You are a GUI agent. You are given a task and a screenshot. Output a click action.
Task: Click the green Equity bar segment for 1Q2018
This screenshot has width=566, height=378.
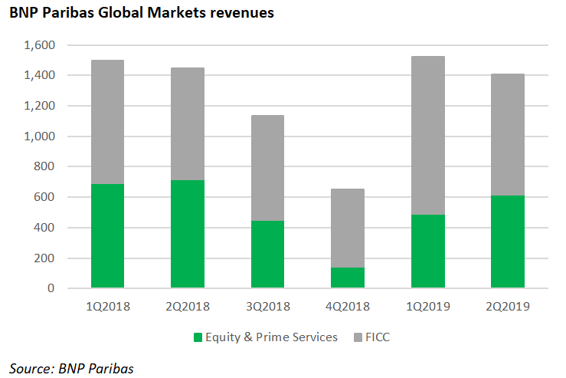coord(107,236)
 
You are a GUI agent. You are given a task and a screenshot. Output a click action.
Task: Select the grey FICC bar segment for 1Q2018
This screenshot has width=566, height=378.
coord(107,122)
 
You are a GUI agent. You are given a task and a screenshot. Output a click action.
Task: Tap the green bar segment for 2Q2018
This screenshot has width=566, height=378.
coord(188,234)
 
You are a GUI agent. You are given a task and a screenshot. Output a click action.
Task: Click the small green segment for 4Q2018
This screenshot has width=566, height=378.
coord(348,278)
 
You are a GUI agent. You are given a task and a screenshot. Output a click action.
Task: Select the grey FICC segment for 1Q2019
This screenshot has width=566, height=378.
coord(427,135)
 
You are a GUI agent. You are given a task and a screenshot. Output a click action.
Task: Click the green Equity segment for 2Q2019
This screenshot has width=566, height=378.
coord(508,242)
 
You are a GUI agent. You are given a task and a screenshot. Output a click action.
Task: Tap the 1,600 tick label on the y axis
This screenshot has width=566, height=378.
coord(40,45)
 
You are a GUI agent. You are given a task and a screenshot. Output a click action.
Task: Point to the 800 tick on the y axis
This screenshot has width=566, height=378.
coord(45,167)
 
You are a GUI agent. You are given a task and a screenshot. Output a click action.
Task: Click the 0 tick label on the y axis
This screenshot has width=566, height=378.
coord(52,289)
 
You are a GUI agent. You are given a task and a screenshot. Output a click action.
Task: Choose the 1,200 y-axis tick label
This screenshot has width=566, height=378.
coord(40,107)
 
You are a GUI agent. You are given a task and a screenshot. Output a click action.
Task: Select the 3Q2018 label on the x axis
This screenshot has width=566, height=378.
coord(267,307)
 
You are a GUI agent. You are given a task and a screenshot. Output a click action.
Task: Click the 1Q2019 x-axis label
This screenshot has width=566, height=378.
coord(427,307)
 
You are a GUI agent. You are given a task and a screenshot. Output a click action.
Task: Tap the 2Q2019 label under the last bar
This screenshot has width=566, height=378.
coord(508,307)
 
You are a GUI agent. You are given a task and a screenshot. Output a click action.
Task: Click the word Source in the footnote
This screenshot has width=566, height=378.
coord(31,368)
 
